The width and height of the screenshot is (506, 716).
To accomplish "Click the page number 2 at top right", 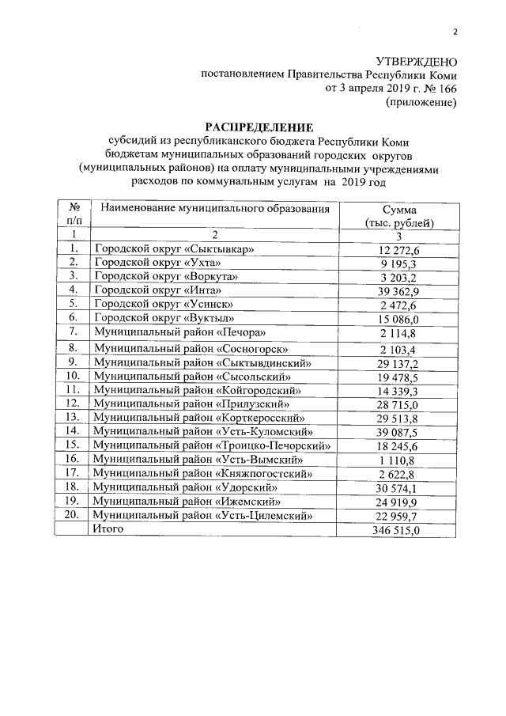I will [455, 32].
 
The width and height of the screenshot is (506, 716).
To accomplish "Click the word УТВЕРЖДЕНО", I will [416, 62].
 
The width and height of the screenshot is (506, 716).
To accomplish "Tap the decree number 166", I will [446, 89].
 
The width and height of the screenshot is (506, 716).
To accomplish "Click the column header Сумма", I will [399, 210].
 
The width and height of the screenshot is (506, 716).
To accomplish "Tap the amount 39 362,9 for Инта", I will [399, 290].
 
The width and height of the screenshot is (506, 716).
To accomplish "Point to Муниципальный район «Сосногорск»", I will [191, 348].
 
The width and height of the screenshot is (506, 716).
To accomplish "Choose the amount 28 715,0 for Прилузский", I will [399, 404].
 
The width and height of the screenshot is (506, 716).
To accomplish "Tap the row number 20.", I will [72, 515].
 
